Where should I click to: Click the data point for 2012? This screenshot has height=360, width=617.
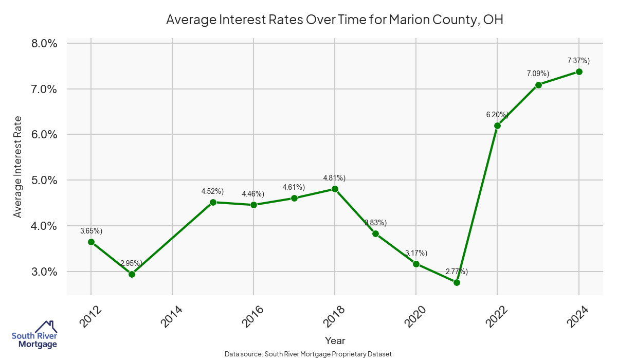(x=91, y=242)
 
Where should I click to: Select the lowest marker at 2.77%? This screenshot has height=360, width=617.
(x=457, y=282)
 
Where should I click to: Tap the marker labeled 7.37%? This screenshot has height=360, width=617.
(x=579, y=71)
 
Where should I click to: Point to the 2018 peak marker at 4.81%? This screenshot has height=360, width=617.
(x=335, y=189)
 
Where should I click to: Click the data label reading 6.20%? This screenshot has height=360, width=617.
(x=497, y=115)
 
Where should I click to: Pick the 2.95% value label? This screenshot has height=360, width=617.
(x=132, y=263)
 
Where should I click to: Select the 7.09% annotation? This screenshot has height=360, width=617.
(x=538, y=74)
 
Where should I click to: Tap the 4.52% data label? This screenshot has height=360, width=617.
(x=212, y=191)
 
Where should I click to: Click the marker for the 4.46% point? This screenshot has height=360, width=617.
(x=253, y=205)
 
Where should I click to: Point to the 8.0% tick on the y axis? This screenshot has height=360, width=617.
(x=44, y=43)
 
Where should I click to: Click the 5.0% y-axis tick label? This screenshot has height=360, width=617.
(x=44, y=181)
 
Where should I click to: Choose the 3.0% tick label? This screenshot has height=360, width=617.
(x=44, y=272)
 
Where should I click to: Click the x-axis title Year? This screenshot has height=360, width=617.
(x=335, y=340)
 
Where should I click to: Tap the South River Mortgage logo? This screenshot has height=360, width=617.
(x=34, y=334)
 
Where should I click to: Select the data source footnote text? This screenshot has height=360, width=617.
(x=308, y=354)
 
